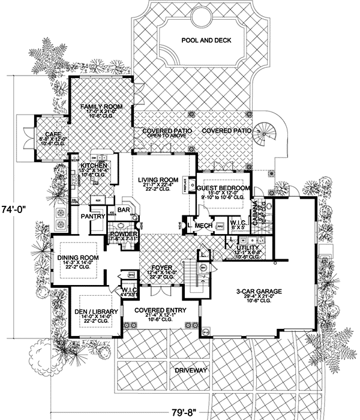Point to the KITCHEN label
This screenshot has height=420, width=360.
pyautogui.click(x=95, y=165)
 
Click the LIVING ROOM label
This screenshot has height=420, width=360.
pyautogui.click(x=158, y=179)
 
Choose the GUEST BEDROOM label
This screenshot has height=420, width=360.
pyautogui.click(x=223, y=187)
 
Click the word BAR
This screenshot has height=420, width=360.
pyautogui.click(x=124, y=210)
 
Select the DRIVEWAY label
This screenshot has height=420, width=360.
pyautogui.click(x=191, y=371)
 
